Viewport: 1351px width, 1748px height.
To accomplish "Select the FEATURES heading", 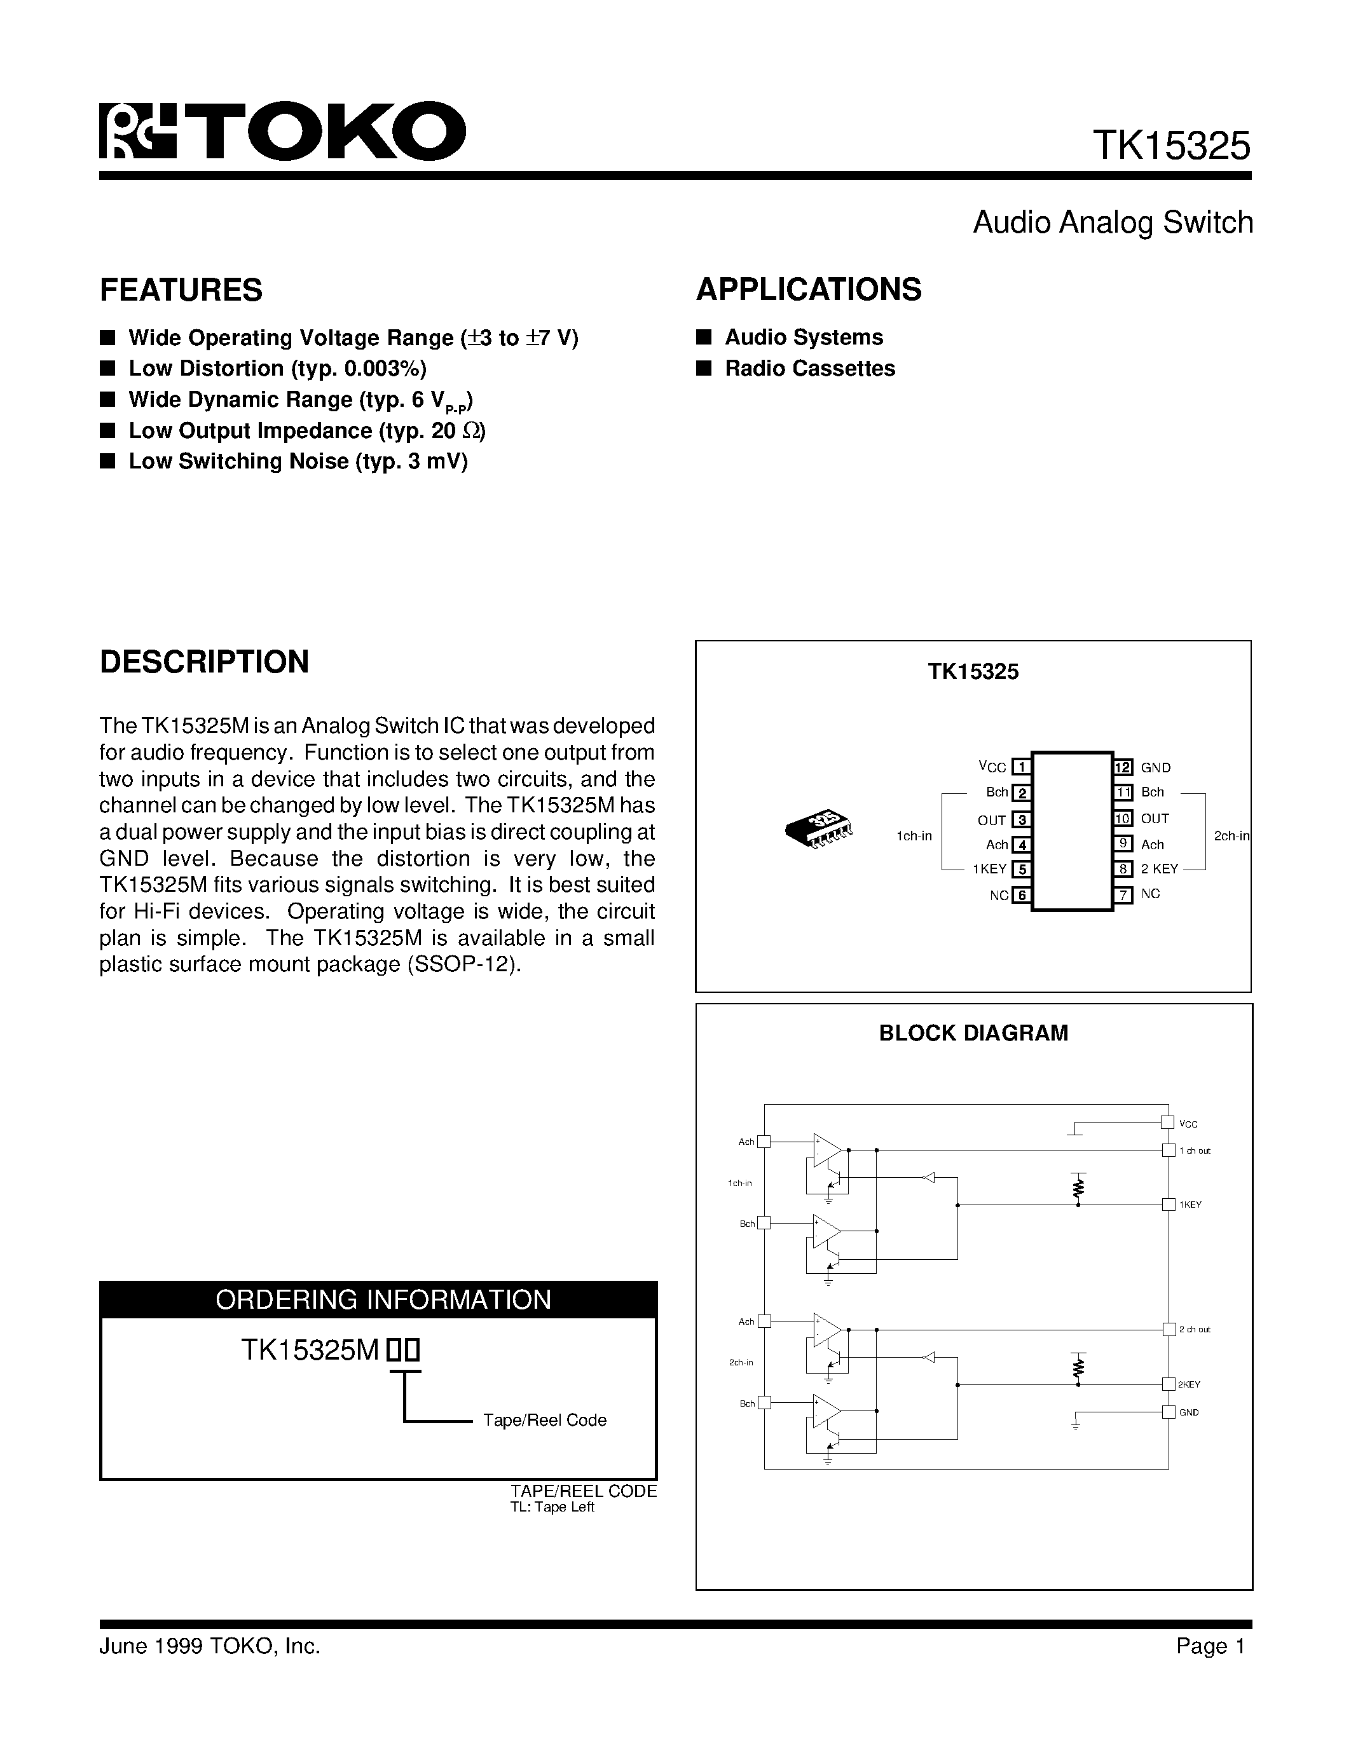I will click(x=181, y=290).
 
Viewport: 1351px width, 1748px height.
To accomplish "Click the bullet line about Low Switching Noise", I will click(x=298, y=461).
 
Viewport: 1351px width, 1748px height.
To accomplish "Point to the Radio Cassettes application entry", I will click(x=809, y=368).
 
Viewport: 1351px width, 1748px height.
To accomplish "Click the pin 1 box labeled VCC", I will click(x=1020, y=767).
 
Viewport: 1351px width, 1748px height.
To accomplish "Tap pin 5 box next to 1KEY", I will click(x=1020, y=869).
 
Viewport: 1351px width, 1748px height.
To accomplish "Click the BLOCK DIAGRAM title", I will click(x=973, y=1034).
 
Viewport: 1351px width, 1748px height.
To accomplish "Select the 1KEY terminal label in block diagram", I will click(x=1190, y=1205).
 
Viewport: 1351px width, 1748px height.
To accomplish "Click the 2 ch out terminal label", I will click(x=1194, y=1329).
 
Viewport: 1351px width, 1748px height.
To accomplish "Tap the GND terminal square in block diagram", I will click(x=1169, y=1412).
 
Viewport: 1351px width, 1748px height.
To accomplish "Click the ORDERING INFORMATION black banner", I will click(x=378, y=1299).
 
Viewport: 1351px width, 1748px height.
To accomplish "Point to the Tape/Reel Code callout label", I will click(x=544, y=1420).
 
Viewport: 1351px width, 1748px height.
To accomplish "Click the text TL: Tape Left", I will click(x=552, y=1507).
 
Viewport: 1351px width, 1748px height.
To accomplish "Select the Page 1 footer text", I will click(x=1210, y=1646).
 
